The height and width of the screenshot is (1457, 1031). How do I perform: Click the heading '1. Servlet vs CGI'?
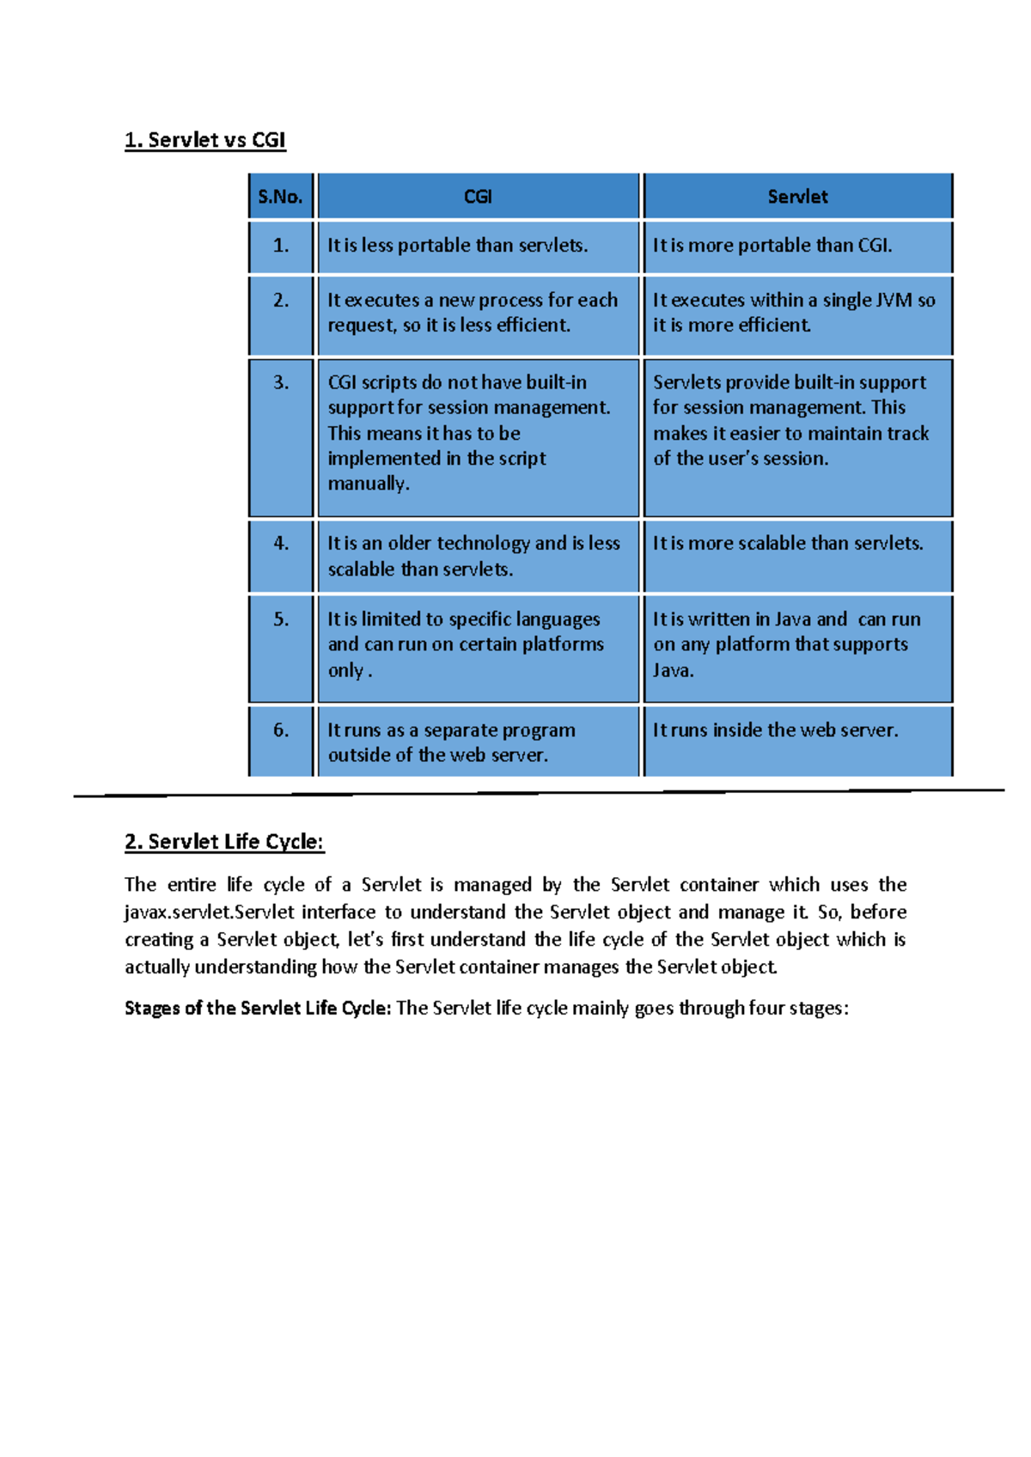pos(204,140)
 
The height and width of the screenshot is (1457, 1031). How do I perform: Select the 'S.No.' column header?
pos(280,197)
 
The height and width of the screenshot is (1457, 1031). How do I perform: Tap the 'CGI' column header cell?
pos(478,197)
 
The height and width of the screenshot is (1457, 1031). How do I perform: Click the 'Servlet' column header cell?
pos(797,197)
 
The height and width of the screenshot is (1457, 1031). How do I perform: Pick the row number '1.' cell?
pos(281,246)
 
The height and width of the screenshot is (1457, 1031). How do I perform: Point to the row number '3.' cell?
pos(281,382)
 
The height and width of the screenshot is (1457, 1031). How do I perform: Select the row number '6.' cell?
pos(281,730)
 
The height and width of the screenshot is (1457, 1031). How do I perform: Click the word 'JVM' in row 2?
pos(893,301)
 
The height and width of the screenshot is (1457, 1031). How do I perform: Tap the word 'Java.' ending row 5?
pos(673,670)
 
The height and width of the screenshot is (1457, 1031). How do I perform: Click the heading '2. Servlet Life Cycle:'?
pos(224,842)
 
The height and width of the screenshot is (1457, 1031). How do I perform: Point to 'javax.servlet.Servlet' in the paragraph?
pos(210,912)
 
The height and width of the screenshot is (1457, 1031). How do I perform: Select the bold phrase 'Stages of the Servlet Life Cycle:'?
pos(258,1009)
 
